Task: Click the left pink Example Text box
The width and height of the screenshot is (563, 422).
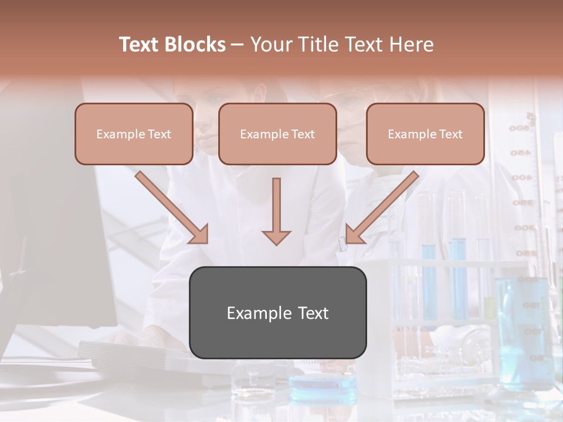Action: (x=134, y=134)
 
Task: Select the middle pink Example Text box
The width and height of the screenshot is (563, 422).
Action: (x=277, y=134)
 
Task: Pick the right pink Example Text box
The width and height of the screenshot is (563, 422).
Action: (x=425, y=134)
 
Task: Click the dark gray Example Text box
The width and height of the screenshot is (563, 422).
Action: (x=277, y=312)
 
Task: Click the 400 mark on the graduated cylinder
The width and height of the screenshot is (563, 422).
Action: (x=521, y=177)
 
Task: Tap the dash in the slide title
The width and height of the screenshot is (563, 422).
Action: (x=238, y=45)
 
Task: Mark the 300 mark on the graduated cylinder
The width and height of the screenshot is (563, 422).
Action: (x=524, y=227)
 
